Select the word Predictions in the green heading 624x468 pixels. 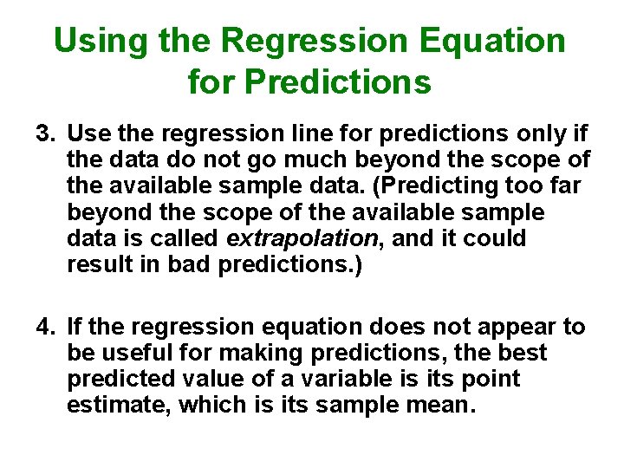pos(338,82)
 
